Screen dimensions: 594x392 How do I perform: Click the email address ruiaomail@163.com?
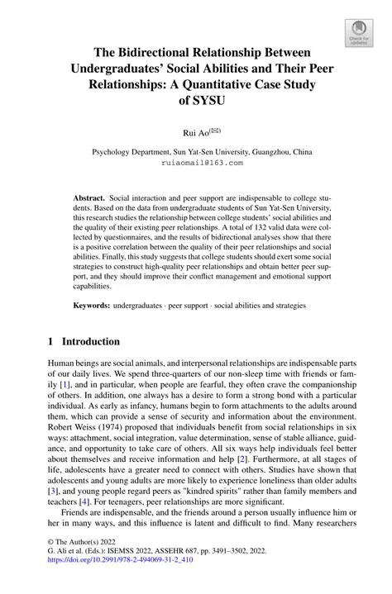202,163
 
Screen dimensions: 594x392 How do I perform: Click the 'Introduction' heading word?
91,341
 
